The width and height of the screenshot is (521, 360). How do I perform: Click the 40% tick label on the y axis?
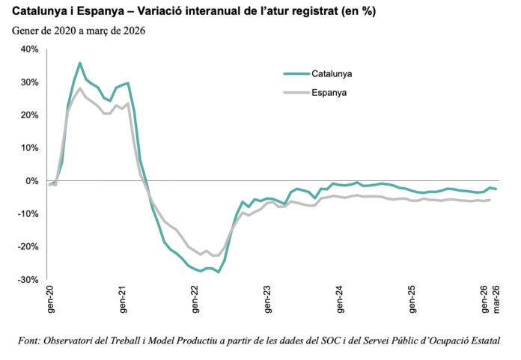[x=29, y=49]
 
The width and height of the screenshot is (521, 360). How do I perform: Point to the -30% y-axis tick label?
[x=28, y=280]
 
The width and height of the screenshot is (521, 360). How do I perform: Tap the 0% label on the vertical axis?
[x=32, y=181]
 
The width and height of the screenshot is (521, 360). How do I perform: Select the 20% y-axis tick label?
[x=29, y=115]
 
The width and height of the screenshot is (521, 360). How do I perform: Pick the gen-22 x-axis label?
[x=196, y=300]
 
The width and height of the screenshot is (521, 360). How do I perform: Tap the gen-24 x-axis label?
[x=341, y=300]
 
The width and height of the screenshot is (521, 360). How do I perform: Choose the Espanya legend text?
[x=329, y=94]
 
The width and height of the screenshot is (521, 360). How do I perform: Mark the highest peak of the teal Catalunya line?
[x=80, y=63]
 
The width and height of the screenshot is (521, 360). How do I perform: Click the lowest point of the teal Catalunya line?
[x=219, y=272]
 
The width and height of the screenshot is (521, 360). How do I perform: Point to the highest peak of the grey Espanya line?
[x=80, y=88]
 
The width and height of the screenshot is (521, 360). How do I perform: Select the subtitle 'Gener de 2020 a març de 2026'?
[x=78, y=31]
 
